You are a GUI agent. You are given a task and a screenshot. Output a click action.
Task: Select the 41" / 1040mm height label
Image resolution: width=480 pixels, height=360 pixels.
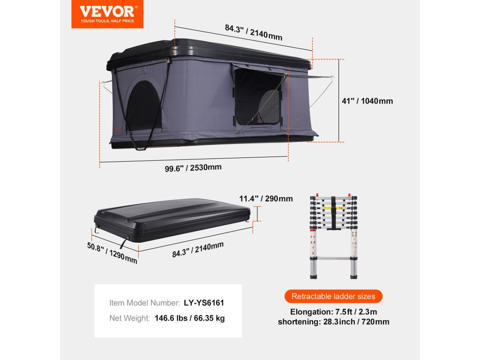367,101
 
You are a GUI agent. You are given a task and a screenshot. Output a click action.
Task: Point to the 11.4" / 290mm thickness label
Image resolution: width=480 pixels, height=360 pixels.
266,199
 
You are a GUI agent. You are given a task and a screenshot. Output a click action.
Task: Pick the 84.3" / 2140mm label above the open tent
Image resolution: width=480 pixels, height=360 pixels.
253,32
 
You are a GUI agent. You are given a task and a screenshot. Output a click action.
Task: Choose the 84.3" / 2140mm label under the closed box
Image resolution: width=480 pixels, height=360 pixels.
198,249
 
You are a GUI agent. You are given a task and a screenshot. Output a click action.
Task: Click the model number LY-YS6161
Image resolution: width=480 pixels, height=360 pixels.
207,303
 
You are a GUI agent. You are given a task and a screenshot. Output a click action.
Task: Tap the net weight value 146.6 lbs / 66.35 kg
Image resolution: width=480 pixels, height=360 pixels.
189,318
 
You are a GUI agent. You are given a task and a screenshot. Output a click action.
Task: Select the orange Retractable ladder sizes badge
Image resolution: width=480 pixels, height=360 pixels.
333,296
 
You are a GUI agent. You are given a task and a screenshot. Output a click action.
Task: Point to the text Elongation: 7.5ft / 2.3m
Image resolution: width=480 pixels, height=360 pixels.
333,312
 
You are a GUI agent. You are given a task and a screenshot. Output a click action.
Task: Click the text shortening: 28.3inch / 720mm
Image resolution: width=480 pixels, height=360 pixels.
333,322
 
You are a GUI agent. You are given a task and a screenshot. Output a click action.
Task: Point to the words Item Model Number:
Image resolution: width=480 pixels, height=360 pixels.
144,303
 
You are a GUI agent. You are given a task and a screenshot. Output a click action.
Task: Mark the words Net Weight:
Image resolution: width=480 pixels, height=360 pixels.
129,318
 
